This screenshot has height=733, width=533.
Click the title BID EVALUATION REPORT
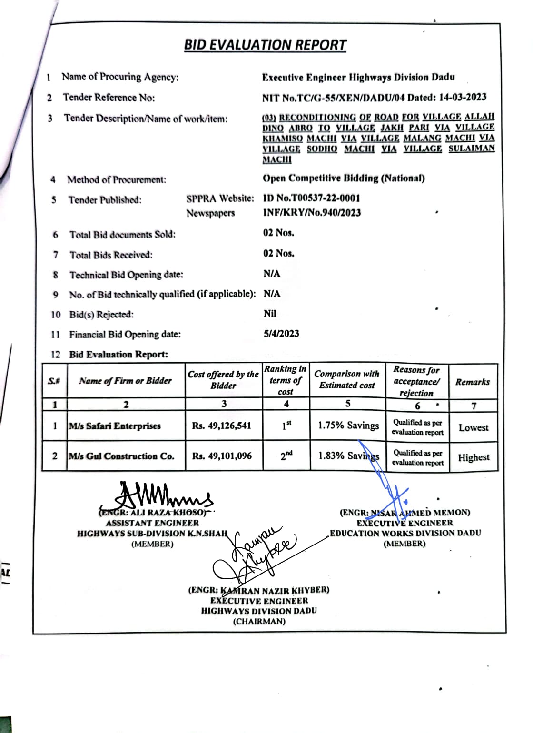tap(265, 45)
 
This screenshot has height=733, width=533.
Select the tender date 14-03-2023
tap(463, 97)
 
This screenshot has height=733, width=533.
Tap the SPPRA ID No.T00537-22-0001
tap(312, 198)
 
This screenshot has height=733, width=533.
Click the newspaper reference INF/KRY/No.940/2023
tap(312, 213)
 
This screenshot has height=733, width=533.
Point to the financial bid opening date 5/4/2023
tap(281, 334)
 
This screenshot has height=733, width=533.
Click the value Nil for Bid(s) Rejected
tap(270, 314)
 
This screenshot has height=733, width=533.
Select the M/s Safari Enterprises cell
tap(115, 426)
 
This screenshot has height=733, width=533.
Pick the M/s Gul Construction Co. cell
tap(122, 456)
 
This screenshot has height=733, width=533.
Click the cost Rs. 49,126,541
tap(222, 426)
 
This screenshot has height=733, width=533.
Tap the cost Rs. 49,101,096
tap(222, 456)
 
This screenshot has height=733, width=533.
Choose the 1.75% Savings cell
tap(348, 426)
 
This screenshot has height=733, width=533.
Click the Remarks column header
tap(473, 382)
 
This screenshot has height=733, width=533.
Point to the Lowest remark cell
tap(474, 427)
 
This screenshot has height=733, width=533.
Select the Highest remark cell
tap(474, 457)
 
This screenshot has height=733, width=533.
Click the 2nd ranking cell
tap(286, 456)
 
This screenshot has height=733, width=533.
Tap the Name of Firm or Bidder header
tap(125, 381)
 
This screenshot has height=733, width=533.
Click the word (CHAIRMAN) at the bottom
tap(259, 621)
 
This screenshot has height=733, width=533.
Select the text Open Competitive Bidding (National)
tap(344, 178)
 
